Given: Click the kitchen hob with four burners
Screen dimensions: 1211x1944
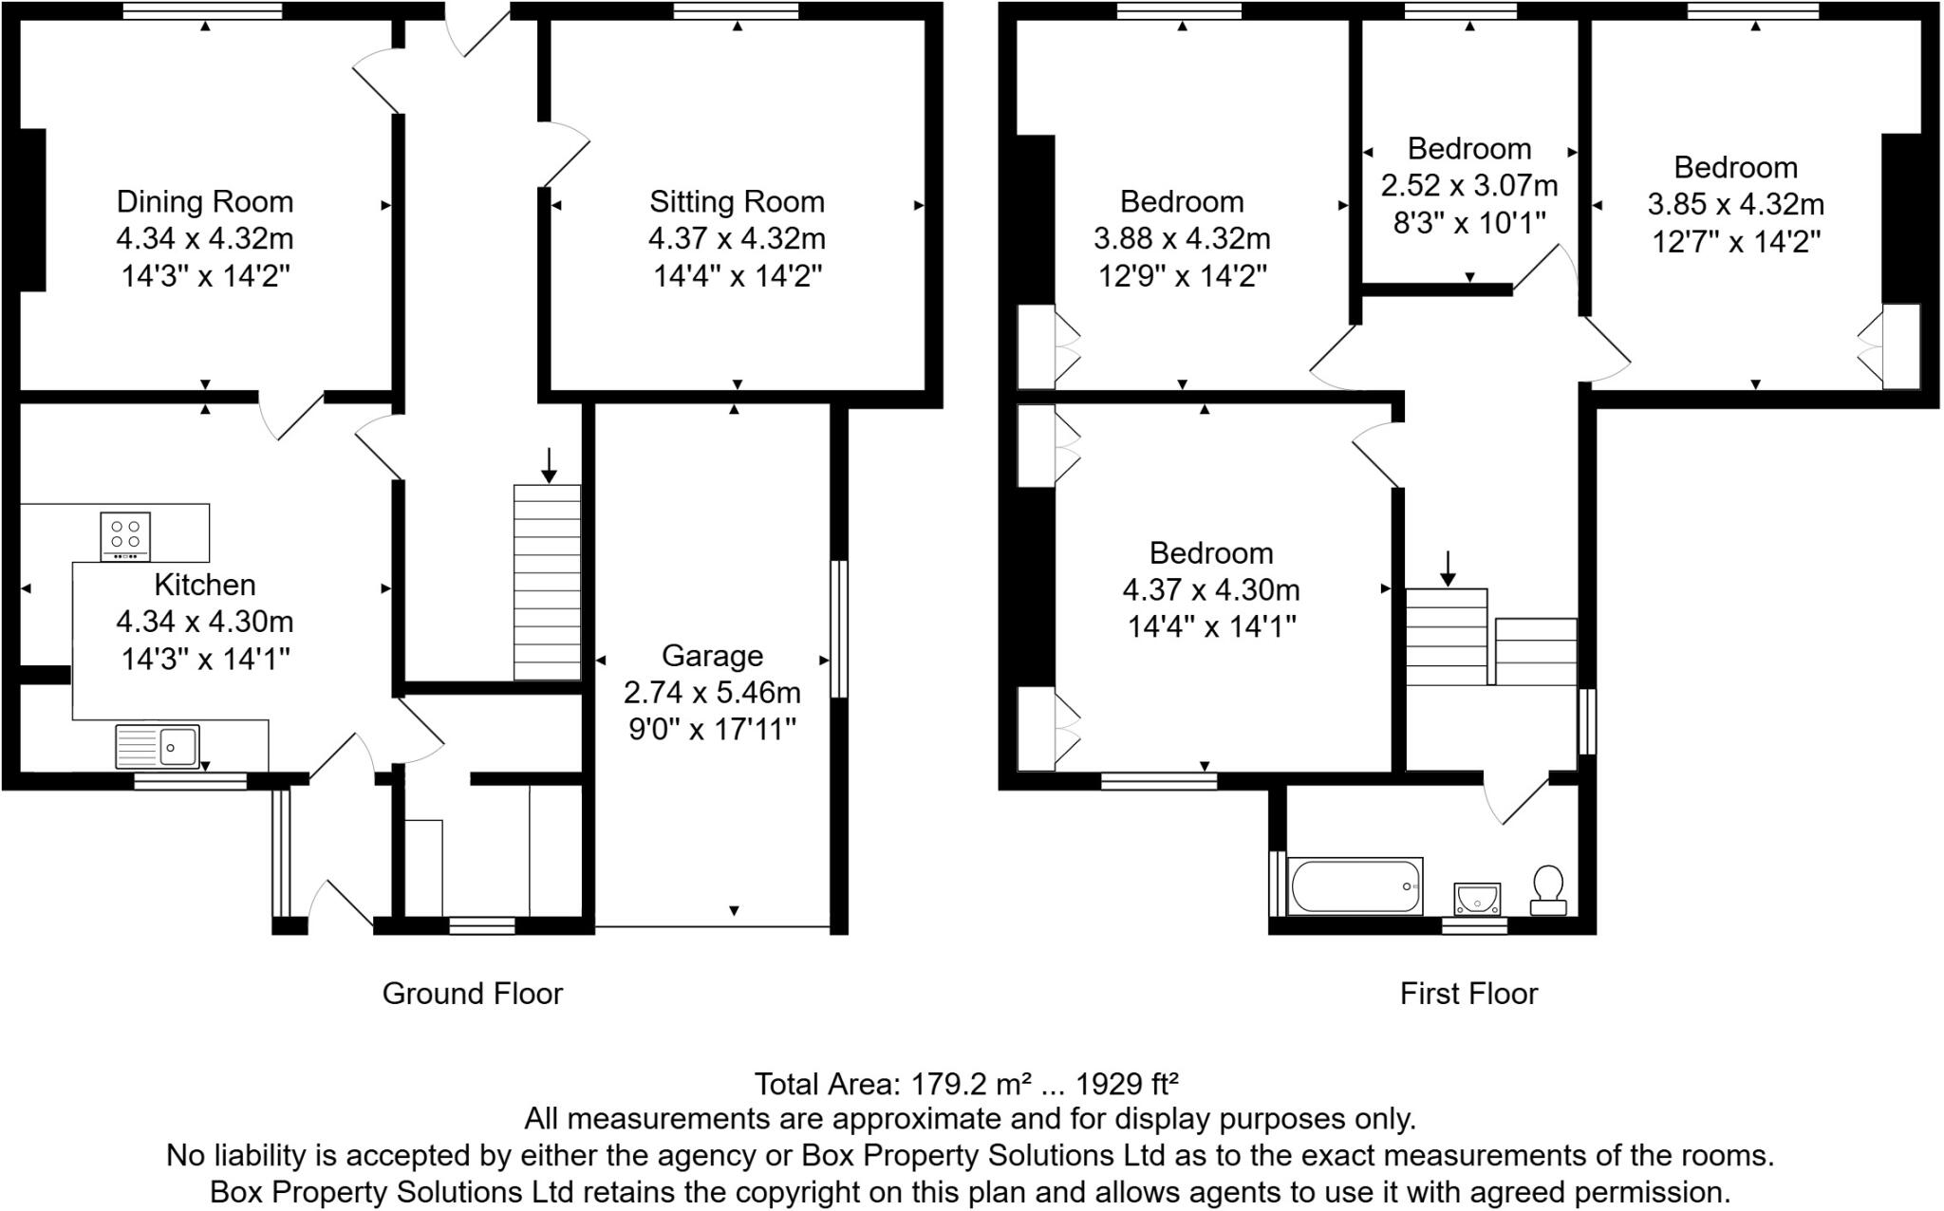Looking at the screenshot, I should coord(125,536).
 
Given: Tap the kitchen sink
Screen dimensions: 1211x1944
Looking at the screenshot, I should coord(157,746).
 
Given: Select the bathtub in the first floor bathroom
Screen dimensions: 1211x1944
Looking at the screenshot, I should coord(1355,886).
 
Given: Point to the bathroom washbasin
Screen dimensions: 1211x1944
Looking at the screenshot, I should coord(1476,897).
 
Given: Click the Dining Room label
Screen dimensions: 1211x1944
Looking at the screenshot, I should coord(205,202).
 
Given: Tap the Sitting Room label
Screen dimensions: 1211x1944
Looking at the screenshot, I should coord(737,202).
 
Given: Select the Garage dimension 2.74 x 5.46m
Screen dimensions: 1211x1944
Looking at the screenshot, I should coord(712,693).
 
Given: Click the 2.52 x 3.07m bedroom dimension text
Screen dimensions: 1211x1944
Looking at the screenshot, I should coord(1469,185).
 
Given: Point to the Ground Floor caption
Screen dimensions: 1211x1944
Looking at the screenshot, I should coord(473,994).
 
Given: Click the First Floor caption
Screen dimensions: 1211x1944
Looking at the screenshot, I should coord(1468,994).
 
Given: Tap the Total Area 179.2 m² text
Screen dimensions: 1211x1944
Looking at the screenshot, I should coord(966,1084).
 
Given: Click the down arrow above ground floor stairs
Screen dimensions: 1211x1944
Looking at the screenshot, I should coord(549,464).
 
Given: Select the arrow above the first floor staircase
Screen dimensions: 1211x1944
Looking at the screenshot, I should coord(1448,568).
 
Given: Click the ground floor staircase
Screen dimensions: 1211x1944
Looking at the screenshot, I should coord(548,582).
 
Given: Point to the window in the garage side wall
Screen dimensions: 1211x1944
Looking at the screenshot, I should coord(839,629).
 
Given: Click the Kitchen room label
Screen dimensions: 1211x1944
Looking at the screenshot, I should coord(205,585).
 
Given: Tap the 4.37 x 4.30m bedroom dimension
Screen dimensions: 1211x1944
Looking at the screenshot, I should coord(1211,590).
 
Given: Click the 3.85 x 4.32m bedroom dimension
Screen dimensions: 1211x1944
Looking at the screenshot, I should coord(1735,205).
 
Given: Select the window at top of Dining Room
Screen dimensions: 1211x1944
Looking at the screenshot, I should coord(203,11).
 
